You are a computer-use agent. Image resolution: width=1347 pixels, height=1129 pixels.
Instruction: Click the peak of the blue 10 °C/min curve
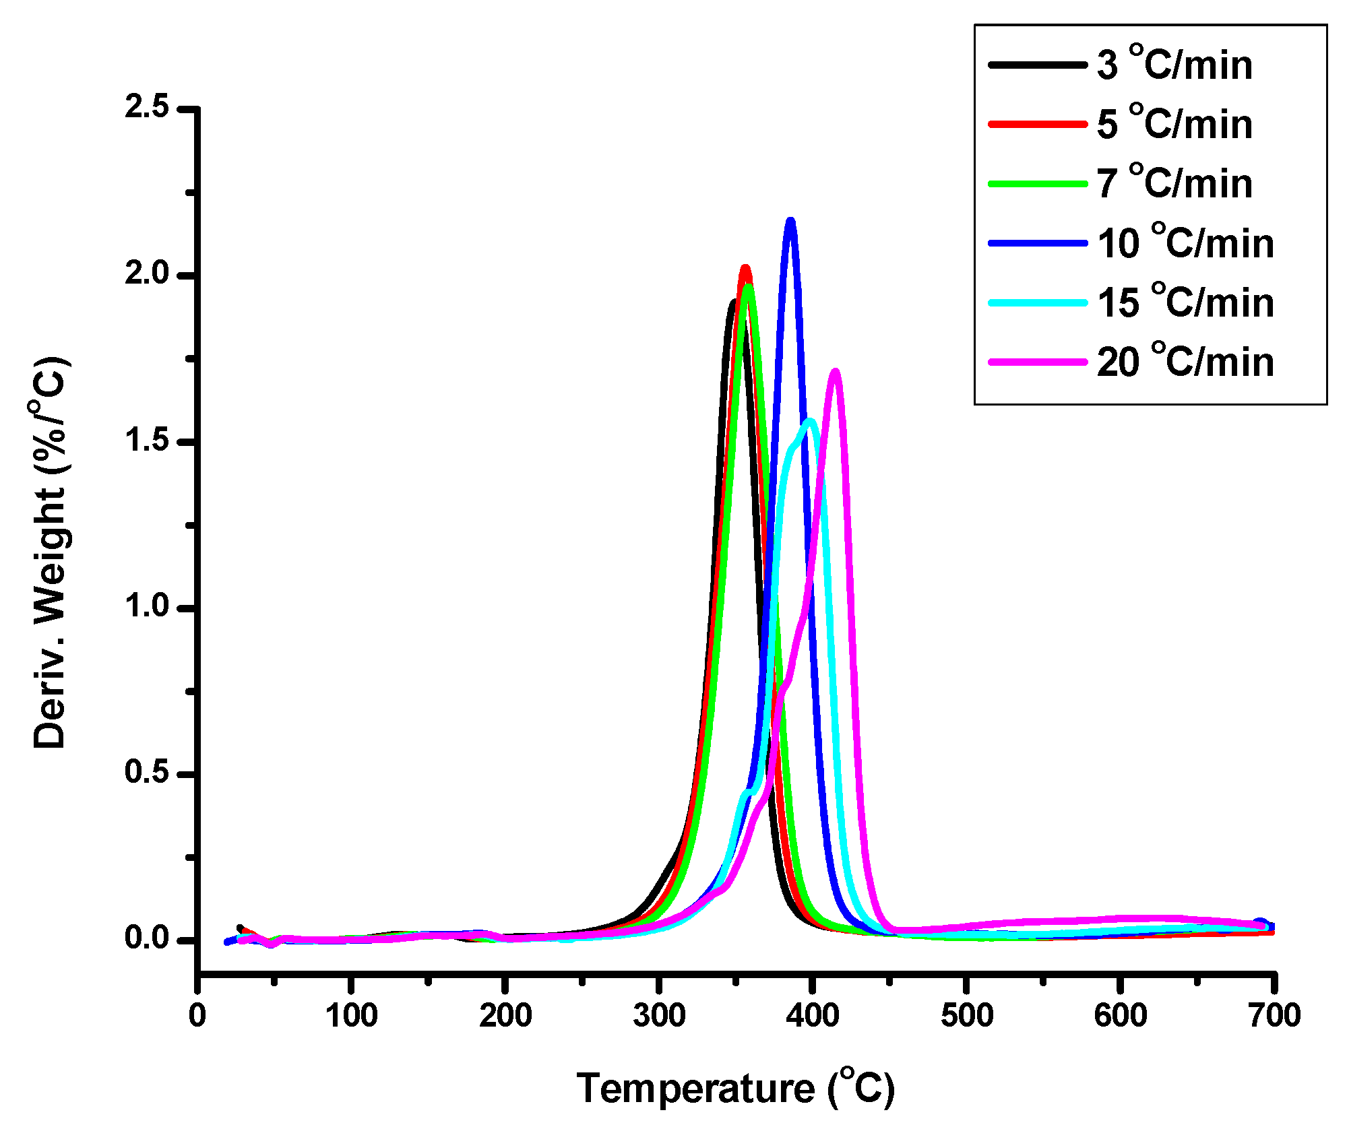pyautogui.click(x=790, y=221)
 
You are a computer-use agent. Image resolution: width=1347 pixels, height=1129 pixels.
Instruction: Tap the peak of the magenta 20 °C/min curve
pyautogui.click(x=836, y=372)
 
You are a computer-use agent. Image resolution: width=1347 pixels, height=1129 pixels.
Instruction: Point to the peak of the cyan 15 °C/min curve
pyautogui.click(x=811, y=422)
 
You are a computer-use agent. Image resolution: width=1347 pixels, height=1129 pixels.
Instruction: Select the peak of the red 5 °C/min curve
pyautogui.click(x=745, y=268)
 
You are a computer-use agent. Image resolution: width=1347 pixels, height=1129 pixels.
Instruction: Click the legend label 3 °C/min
pyautogui.click(x=1174, y=65)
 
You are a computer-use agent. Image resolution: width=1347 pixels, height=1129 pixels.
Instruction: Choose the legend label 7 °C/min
pyautogui.click(x=1174, y=183)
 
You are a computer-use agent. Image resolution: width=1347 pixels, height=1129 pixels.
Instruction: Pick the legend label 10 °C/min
pyautogui.click(x=1185, y=243)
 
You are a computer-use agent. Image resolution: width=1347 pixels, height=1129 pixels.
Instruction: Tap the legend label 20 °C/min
pyautogui.click(x=1185, y=362)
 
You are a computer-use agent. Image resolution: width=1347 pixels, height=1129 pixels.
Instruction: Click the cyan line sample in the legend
pyautogui.click(x=1038, y=302)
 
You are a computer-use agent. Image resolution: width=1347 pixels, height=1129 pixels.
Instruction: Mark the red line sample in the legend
pyautogui.click(x=1038, y=124)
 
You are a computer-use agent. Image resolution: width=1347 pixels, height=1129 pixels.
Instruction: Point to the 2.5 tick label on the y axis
pyautogui.click(x=147, y=108)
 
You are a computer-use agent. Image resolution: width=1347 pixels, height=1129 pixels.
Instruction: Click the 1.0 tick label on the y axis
pyautogui.click(x=147, y=606)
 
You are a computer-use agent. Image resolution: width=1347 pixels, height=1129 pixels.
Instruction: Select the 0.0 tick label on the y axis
pyautogui.click(x=147, y=938)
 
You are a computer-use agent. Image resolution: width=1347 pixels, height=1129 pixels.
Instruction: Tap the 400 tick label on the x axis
pyautogui.click(x=813, y=1015)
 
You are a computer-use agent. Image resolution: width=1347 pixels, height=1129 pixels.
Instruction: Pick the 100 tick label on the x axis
pyautogui.click(x=351, y=1015)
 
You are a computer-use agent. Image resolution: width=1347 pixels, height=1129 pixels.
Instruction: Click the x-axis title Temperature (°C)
pyautogui.click(x=736, y=1088)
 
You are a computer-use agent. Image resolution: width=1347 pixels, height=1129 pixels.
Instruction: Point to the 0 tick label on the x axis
pyautogui.click(x=197, y=1015)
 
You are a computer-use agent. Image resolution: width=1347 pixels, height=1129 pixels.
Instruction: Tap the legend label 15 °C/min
pyautogui.click(x=1185, y=302)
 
